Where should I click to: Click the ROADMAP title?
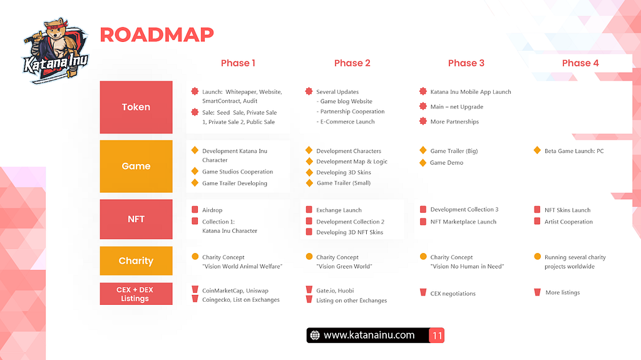156,35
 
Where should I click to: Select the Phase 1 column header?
238,63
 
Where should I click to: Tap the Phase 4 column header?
580,63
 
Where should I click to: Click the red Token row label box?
136,107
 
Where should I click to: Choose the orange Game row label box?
136,166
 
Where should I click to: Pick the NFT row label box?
136,219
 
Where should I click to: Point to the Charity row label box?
136,260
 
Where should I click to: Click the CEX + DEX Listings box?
136,294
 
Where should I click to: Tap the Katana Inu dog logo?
55,50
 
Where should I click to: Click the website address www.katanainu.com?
369,336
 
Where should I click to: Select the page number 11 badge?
437,336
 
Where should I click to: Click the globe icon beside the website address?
315,336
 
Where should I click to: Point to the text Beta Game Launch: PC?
574,151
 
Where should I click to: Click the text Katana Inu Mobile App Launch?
471,92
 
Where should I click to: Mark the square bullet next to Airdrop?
195,210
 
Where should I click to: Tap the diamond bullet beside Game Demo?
423,163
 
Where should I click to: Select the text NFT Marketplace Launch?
463,222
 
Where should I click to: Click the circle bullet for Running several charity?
538,257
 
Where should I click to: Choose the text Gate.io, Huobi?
336,291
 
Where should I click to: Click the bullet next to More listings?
538,292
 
